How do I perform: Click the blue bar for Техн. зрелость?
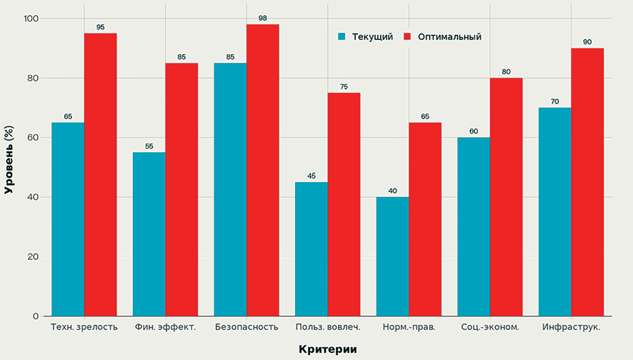[x=68, y=219]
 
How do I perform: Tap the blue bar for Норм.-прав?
[x=392, y=256]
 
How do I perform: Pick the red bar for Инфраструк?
[x=587, y=182]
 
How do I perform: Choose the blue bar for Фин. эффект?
[x=149, y=234]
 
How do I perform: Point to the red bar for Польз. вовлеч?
[x=344, y=204]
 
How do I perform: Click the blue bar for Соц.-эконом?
[x=473, y=226]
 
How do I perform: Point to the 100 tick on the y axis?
[x=31, y=19]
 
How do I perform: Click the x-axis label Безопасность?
[x=246, y=327]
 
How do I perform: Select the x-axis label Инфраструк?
[x=570, y=327]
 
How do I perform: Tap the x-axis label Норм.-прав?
[x=409, y=327]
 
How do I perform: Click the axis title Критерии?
[x=327, y=349]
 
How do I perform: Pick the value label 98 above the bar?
[x=263, y=19]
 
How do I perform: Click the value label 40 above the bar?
[x=392, y=191]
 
